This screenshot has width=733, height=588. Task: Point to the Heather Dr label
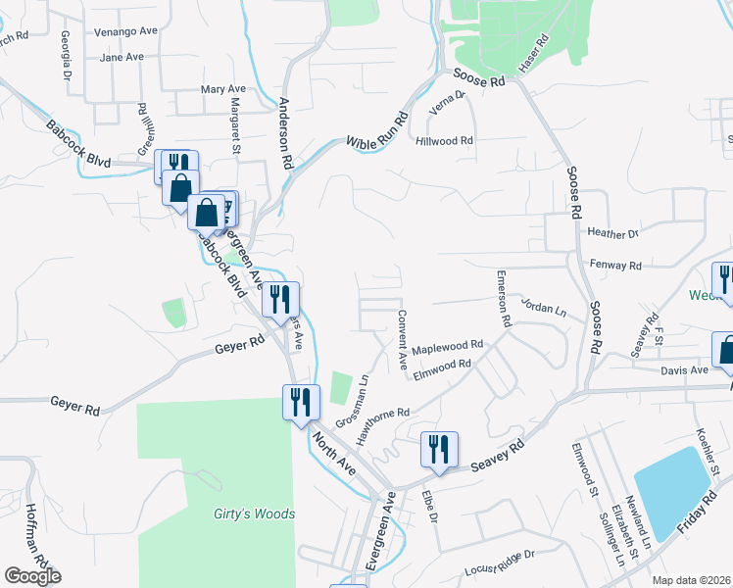[612, 233]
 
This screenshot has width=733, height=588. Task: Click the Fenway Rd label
[615, 266]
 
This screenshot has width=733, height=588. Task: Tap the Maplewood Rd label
[448, 346]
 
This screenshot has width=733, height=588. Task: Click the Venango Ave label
[125, 31]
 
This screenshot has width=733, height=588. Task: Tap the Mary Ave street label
[222, 89]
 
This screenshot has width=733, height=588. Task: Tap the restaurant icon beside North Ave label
[299, 402]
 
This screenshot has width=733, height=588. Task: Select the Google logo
[32, 576]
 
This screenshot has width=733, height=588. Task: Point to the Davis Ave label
[684, 370]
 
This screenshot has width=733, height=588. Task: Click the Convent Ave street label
[403, 339]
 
